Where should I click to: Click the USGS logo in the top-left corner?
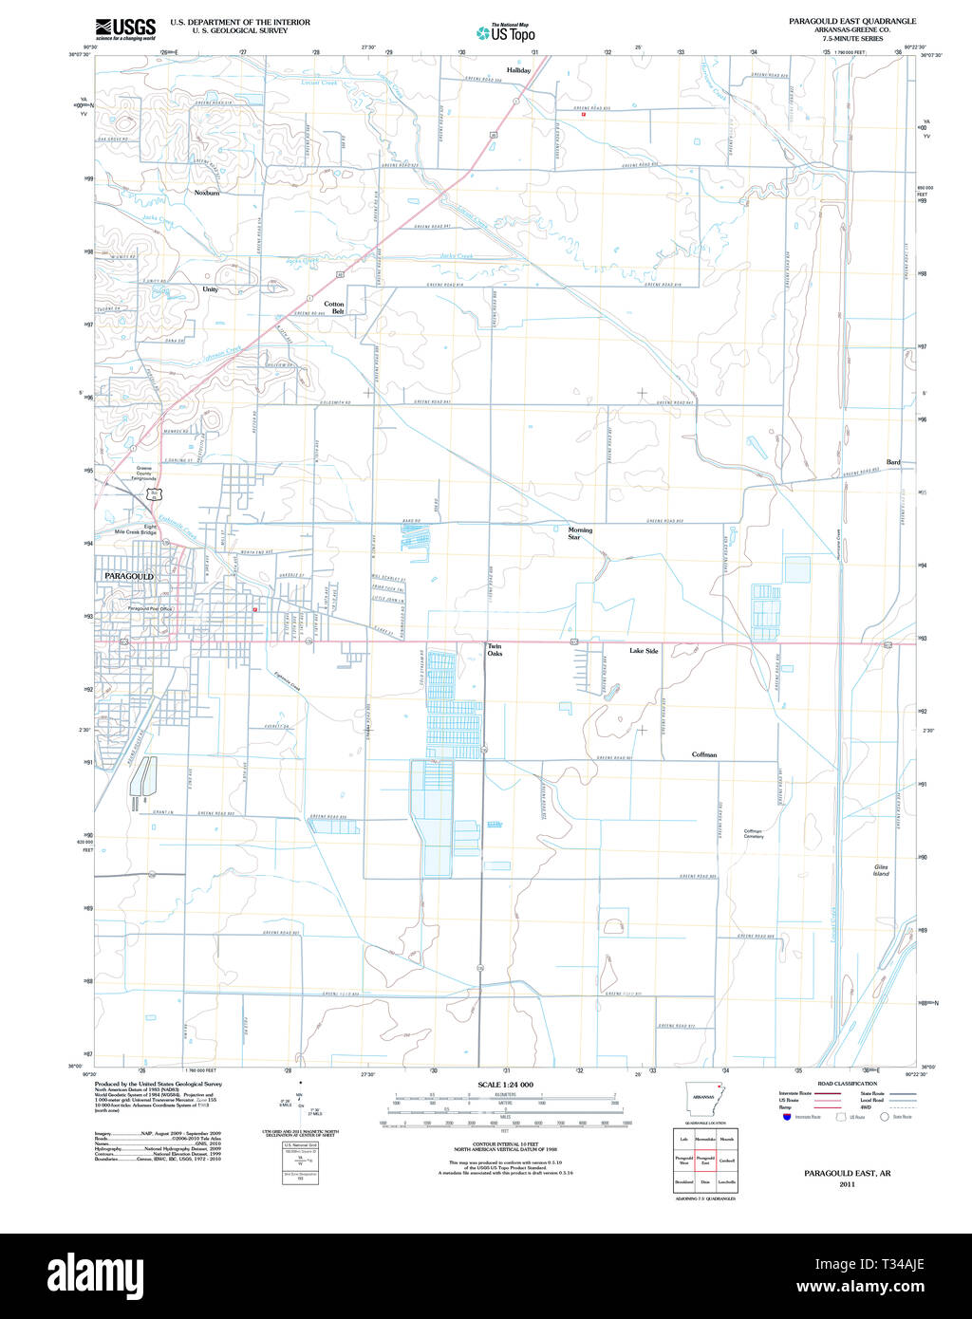pyautogui.click(x=125, y=28)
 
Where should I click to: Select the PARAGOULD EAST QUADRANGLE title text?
pyautogui.click(x=852, y=21)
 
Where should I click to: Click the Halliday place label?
pyautogui.click(x=518, y=70)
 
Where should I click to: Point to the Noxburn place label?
pyautogui.click(x=207, y=193)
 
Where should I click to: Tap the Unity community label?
pyautogui.click(x=210, y=289)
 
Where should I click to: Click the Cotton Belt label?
pyautogui.click(x=334, y=307)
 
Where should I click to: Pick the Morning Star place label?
pyautogui.click(x=580, y=533)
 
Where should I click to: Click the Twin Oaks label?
pyautogui.click(x=495, y=650)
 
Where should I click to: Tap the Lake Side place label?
pyautogui.click(x=644, y=651)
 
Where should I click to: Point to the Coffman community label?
pyautogui.click(x=704, y=754)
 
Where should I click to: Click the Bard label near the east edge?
pyautogui.click(x=893, y=462)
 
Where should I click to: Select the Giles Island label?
pyautogui.click(x=882, y=870)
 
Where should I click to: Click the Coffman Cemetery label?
pyautogui.click(x=754, y=833)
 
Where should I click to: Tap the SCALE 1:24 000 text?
pyautogui.click(x=505, y=1085)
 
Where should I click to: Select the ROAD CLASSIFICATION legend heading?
pyautogui.click(x=846, y=1083)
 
